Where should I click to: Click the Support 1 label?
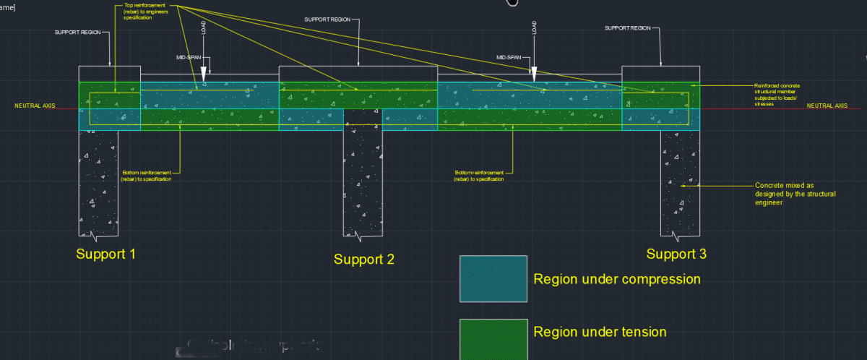[x=105, y=254]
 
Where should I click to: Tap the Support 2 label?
[x=364, y=259]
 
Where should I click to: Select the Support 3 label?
[x=676, y=254]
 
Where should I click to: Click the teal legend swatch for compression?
[x=493, y=278]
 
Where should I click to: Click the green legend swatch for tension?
[x=493, y=337]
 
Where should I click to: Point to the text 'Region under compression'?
[x=617, y=279]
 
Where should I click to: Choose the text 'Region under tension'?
[x=600, y=332]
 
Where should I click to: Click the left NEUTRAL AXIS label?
[x=35, y=106]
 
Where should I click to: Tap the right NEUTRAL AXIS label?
[x=827, y=106]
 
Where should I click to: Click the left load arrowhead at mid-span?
[x=204, y=73]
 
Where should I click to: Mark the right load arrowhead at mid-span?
[x=534, y=73]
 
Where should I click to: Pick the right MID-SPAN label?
[x=511, y=56]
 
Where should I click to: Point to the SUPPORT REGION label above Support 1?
[x=78, y=32]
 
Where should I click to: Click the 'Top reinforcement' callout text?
[x=142, y=11]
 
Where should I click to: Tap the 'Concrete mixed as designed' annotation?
[x=785, y=194]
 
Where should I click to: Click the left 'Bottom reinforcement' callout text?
[x=146, y=176]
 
